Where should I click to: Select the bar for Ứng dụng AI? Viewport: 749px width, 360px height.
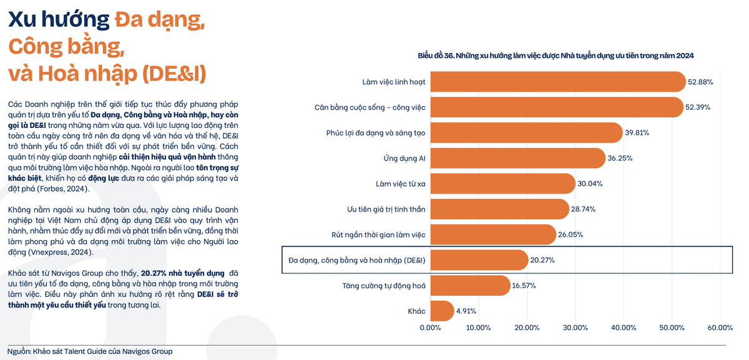(517, 158)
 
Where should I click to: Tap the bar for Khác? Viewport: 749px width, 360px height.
(442, 311)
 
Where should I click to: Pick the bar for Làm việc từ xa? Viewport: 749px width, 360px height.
(502, 183)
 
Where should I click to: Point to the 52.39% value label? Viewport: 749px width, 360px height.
(698, 107)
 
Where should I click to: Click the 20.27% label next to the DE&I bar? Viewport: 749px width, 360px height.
(542, 260)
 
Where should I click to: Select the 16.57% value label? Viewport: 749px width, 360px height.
(524, 285)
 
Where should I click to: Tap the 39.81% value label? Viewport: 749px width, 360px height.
(637, 133)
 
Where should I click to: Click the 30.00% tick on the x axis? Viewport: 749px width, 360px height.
(575, 328)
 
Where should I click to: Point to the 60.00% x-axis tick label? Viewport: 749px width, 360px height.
(720, 328)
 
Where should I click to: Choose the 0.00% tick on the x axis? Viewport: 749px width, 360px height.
(431, 328)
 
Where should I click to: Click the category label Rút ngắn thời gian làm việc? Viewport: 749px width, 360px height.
(378, 235)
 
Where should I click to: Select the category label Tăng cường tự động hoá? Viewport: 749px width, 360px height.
(384, 285)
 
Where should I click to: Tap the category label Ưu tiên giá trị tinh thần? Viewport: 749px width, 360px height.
(386, 209)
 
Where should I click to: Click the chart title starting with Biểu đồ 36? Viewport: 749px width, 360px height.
(556, 56)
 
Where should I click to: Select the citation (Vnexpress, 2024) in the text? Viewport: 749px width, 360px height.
(60, 252)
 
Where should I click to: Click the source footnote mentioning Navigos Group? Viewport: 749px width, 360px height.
(90, 351)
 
